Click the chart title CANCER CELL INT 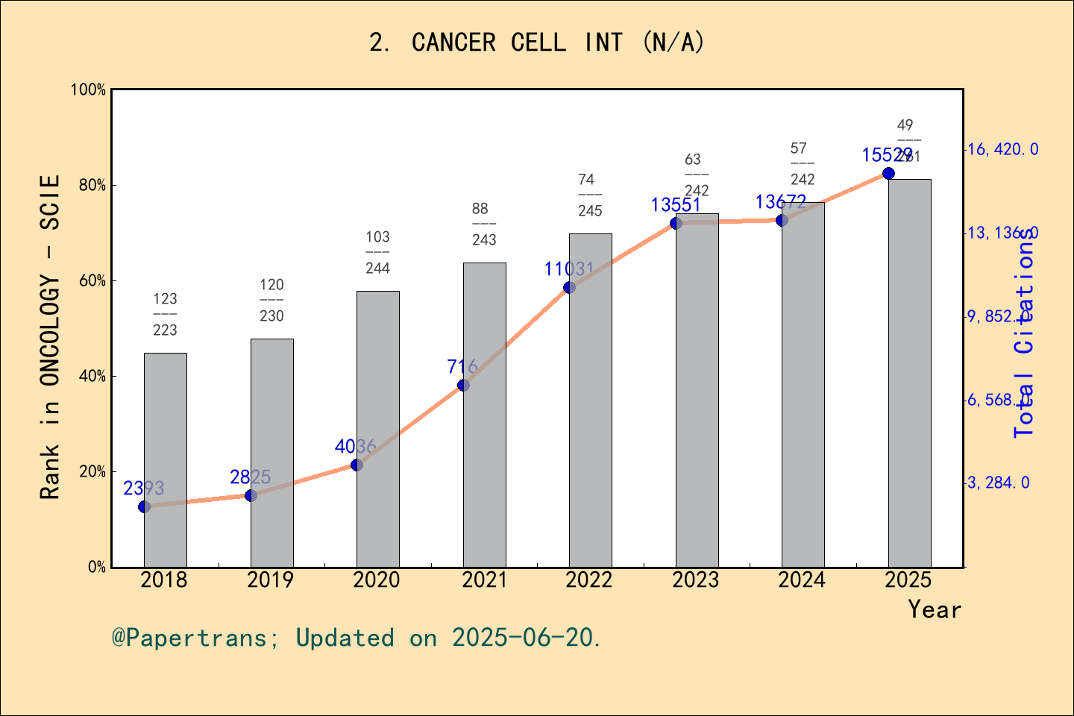536,43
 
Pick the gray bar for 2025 909,373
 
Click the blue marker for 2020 357,465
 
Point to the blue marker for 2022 569,287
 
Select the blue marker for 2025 888,173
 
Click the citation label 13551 676,205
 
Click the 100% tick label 88,90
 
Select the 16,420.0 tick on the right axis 1002,150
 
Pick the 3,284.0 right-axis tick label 999,483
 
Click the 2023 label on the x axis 696,580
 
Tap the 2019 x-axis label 271,580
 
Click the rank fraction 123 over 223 166,314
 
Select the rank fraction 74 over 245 589,195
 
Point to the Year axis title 934,610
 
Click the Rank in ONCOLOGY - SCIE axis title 50,337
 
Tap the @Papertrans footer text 357,638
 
